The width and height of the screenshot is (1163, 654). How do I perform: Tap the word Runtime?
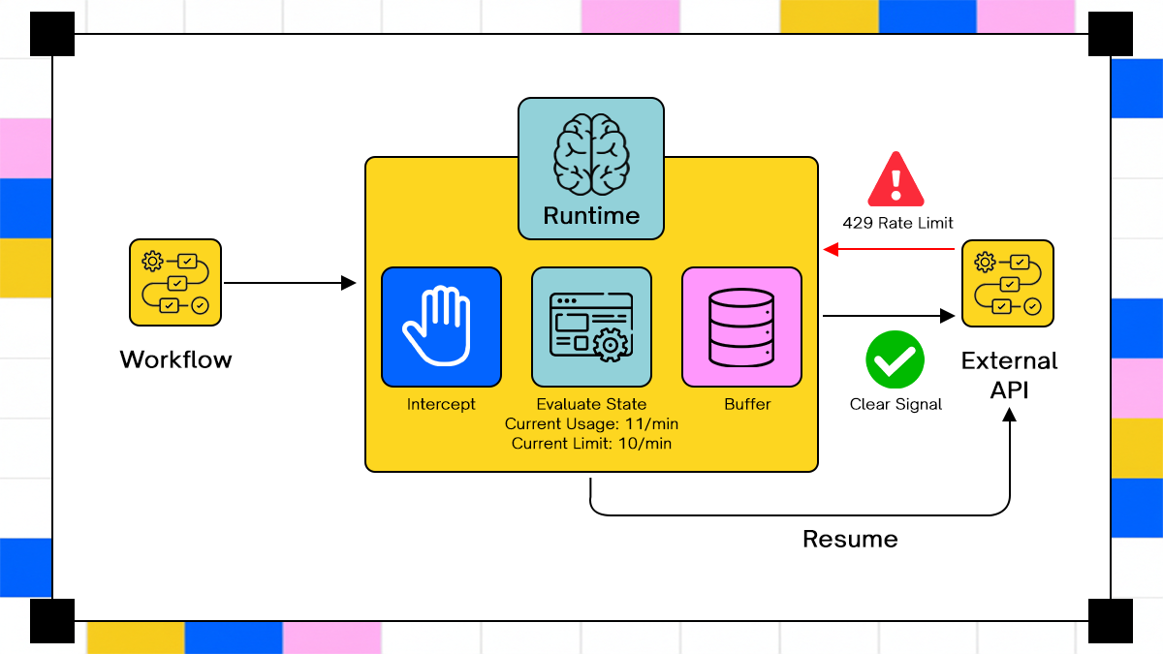[x=591, y=215]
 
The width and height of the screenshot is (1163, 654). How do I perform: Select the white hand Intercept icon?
[x=441, y=327]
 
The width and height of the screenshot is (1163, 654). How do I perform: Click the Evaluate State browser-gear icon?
[x=591, y=327]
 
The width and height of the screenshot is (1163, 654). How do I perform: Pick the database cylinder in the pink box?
[x=741, y=327]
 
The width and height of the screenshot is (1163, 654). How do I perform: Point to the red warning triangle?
[x=896, y=180]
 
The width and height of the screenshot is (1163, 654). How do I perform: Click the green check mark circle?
[x=895, y=359]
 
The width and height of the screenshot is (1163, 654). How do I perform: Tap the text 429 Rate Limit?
[x=897, y=223]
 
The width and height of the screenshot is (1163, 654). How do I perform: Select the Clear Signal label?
[x=896, y=404]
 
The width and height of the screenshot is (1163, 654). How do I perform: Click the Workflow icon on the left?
[x=175, y=283]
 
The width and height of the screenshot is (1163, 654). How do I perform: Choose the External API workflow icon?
[x=1008, y=283]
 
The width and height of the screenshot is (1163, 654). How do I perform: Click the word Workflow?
[x=175, y=359]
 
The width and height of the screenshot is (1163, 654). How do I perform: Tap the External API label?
[x=1009, y=374]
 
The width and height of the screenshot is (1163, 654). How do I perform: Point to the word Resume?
[x=850, y=539]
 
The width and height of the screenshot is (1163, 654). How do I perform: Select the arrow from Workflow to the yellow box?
[x=290, y=283]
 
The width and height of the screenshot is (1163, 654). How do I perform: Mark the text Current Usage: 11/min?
[x=591, y=423]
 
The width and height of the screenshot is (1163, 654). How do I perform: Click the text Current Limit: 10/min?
[x=591, y=443]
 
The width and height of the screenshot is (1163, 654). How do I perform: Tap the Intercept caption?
[x=441, y=404]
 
